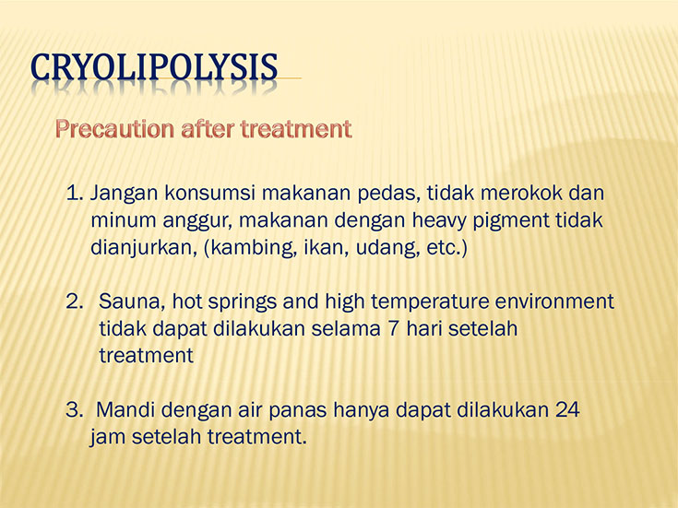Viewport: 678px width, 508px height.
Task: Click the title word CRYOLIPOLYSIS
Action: (x=154, y=67)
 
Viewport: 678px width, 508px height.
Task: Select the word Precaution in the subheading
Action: (x=114, y=129)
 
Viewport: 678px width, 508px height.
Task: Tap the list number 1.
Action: (x=74, y=193)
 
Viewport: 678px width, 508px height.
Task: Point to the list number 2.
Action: (x=74, y=301)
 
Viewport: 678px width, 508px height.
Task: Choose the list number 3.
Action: (x=74, y=409)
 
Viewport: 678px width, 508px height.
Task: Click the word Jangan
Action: (x=124, y=195)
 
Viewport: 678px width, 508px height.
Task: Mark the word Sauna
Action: (x=132, y=301)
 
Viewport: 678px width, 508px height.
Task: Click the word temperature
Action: (x=430, y=302)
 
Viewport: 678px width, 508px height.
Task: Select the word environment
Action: (x=554, y=301)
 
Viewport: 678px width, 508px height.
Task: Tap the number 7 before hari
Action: (x=393, y=328)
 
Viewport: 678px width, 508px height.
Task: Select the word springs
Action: (x=242, y=302)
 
